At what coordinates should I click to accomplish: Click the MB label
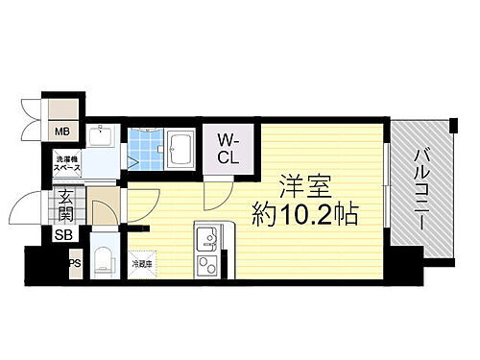61,132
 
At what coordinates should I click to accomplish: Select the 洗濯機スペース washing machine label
66,162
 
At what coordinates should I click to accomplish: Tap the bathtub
180,150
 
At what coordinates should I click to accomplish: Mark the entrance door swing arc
29,206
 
